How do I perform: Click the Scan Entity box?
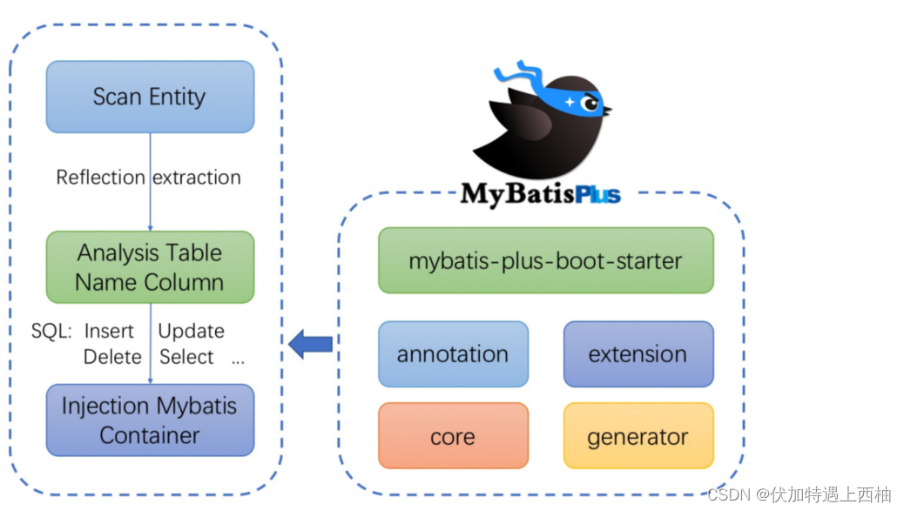150,97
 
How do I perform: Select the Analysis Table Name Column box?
150,266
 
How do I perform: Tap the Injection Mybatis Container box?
150,420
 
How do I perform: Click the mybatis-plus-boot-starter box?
545,260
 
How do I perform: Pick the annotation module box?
453,354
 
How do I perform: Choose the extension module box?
638,354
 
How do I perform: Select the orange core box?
453,436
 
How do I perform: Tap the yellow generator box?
638,436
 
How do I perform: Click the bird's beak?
607,110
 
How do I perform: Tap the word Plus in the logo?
597,193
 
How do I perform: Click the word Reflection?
100,178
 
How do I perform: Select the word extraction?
197,178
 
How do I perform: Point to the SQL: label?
51,332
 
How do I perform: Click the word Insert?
109,332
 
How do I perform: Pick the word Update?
191,332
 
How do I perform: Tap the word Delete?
112,357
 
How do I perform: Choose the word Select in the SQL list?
186,357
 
